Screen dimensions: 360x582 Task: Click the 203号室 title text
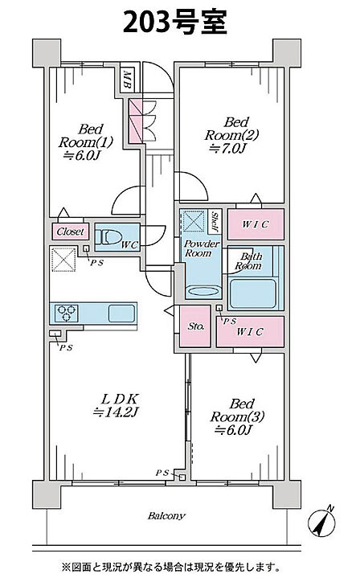click(x=175, y=22)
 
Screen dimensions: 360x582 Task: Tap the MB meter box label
click(x=127, y=80)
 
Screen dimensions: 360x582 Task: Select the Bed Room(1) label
click(x=86, y=142)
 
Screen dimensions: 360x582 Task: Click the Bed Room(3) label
click(x=237, y=416)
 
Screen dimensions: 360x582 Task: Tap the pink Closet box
click(x=71, y=232)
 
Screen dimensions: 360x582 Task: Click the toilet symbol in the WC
click(x=108, y=237)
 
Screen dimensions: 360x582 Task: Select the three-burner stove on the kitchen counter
click(x=67, y=313)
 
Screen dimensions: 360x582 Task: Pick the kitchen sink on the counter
click(x=121, y=314)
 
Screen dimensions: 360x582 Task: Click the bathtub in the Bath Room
click(x=253, y=294)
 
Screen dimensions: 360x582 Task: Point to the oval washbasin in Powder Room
click(x=203, y=291)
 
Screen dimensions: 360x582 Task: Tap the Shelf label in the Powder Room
click(x=215, y=221)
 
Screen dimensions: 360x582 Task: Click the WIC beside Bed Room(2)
click(x=256, y=224)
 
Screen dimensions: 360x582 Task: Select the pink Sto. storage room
click(x=195, y=326)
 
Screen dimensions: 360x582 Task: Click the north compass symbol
click(x=321, y=523)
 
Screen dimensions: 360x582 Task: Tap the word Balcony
click(x=166, y=515)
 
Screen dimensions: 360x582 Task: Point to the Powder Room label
click(x=202, y=248)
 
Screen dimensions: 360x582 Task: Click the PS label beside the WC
click(x=97, y=262)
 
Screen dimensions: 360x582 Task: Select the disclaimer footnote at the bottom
click(x=170, y=568)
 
